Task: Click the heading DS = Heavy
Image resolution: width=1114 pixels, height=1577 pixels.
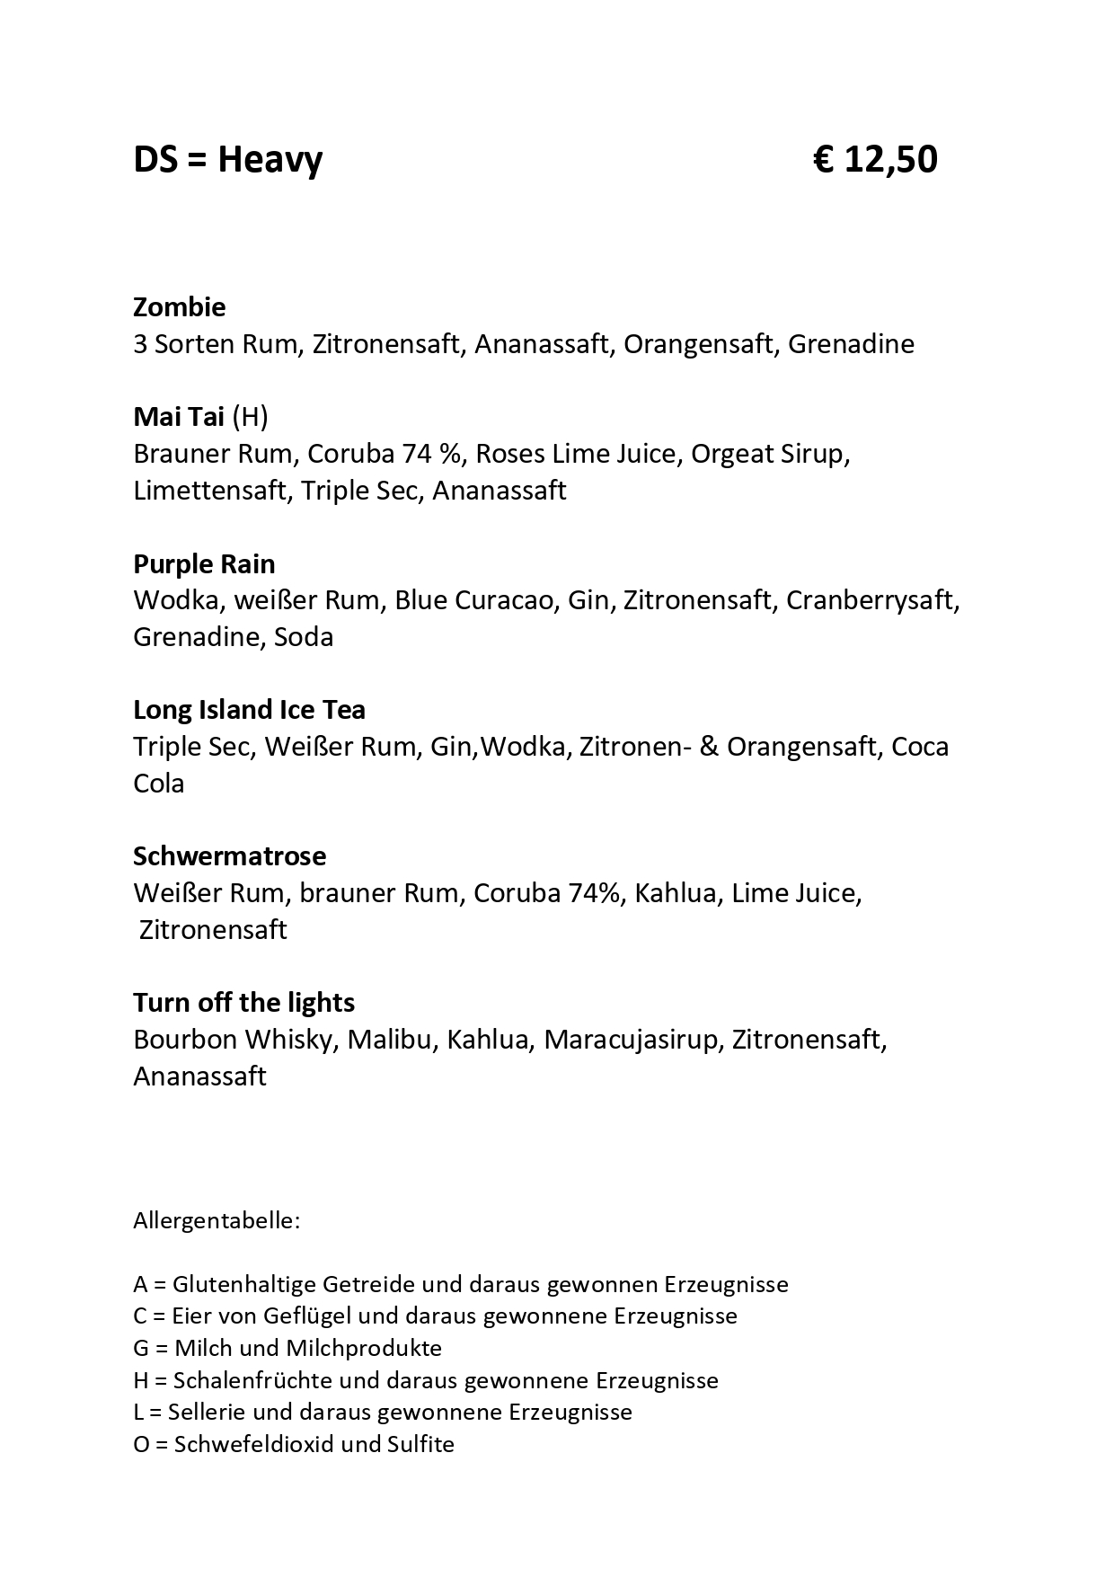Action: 227,161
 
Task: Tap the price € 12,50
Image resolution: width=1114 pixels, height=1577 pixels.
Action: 875,161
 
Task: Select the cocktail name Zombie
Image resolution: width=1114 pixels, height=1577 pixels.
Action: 179,307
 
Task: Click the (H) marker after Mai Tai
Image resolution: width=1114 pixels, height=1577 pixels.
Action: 250,417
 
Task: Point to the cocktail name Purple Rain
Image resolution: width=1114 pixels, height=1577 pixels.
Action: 204,564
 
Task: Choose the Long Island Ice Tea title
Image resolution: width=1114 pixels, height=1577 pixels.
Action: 249,710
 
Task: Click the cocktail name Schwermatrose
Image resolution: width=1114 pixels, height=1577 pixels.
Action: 229,856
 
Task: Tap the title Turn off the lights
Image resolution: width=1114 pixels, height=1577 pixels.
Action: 243,1003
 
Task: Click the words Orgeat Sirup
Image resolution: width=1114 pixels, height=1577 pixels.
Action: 768,454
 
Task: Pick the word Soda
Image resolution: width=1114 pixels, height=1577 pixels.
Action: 304,637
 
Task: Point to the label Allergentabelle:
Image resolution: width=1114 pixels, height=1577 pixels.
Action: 217,1221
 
